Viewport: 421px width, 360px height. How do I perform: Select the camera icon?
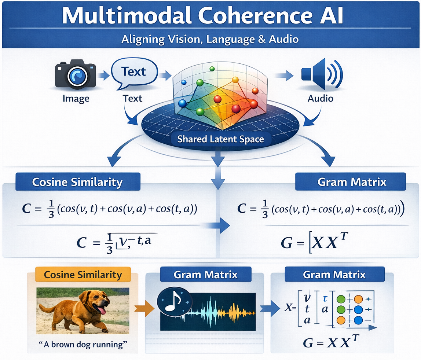coord(76,76)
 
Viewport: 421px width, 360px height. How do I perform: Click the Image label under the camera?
coord(76,98)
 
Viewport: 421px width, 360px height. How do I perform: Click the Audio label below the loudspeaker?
coord(321,98)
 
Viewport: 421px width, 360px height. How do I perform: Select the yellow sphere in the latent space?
coord(235,80)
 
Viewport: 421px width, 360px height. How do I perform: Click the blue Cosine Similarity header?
coord(77,182)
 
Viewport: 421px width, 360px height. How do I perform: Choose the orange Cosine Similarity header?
coord(83,275)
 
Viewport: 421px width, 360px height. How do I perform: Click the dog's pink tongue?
coord(103,311)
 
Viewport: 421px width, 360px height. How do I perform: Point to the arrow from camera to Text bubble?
coord(104,76)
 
